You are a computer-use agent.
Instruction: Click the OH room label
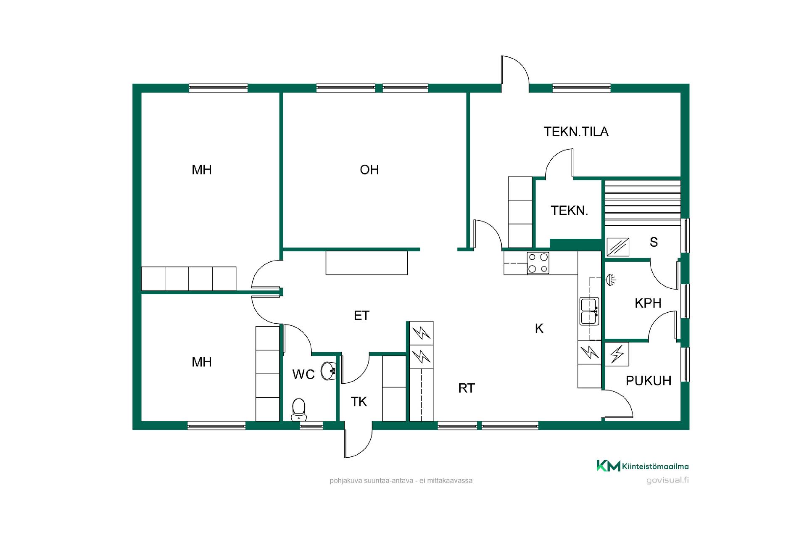click(369, 170)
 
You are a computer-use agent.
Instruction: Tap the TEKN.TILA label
click(576, 132)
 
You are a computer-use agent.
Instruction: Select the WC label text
click(303, 374)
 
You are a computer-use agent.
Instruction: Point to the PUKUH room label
click(649, 381)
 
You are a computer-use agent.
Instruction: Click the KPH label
click(648, 303)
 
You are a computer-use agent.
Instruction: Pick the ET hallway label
click(361, 316)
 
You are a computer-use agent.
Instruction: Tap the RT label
click(467, 388)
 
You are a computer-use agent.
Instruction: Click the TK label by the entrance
click(359, 402)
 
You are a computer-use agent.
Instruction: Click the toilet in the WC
click(299, 410)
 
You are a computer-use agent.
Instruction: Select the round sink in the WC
click(329, 371)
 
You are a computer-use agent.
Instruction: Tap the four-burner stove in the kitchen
click(538, 263)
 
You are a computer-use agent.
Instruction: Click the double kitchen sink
click(589, 311)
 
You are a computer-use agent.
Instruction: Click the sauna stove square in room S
click(618, 247)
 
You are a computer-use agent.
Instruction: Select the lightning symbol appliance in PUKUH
click(617, 354)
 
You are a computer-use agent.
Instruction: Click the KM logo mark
click(608, 466)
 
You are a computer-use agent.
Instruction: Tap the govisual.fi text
click(667, 480)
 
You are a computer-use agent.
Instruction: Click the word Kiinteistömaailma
click(655, 466)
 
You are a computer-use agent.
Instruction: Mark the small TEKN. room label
click(569, 211)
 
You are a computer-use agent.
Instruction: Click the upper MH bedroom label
click(202, 170)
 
